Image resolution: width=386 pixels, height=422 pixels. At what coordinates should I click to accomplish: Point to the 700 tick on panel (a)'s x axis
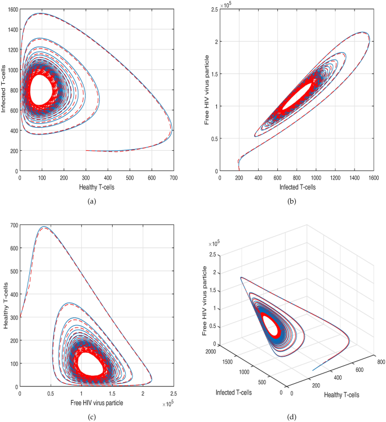[174, 178]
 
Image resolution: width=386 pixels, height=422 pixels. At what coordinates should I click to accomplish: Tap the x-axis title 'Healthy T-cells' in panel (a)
[96, 186]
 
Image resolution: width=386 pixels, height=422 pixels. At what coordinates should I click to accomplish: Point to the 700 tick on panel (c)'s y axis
[11, 225]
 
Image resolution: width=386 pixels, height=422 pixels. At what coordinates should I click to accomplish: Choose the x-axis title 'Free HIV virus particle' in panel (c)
[96, 402]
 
